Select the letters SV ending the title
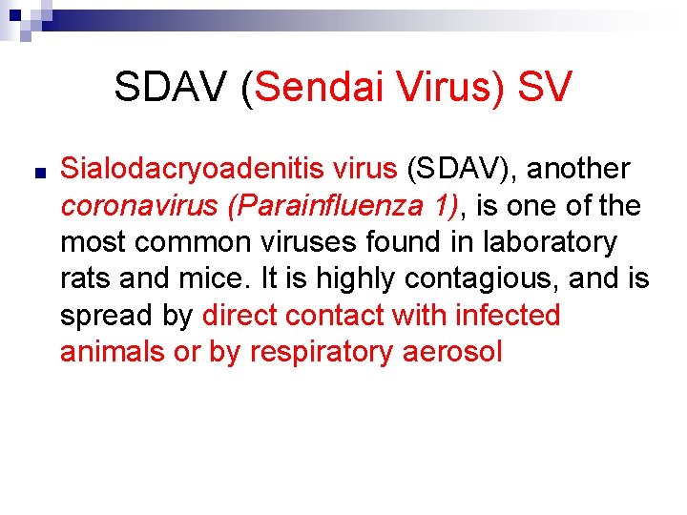[545, 88]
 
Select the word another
[578, 170]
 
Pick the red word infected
[508, 316]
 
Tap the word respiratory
[321, 352]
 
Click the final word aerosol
[452, 352]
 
